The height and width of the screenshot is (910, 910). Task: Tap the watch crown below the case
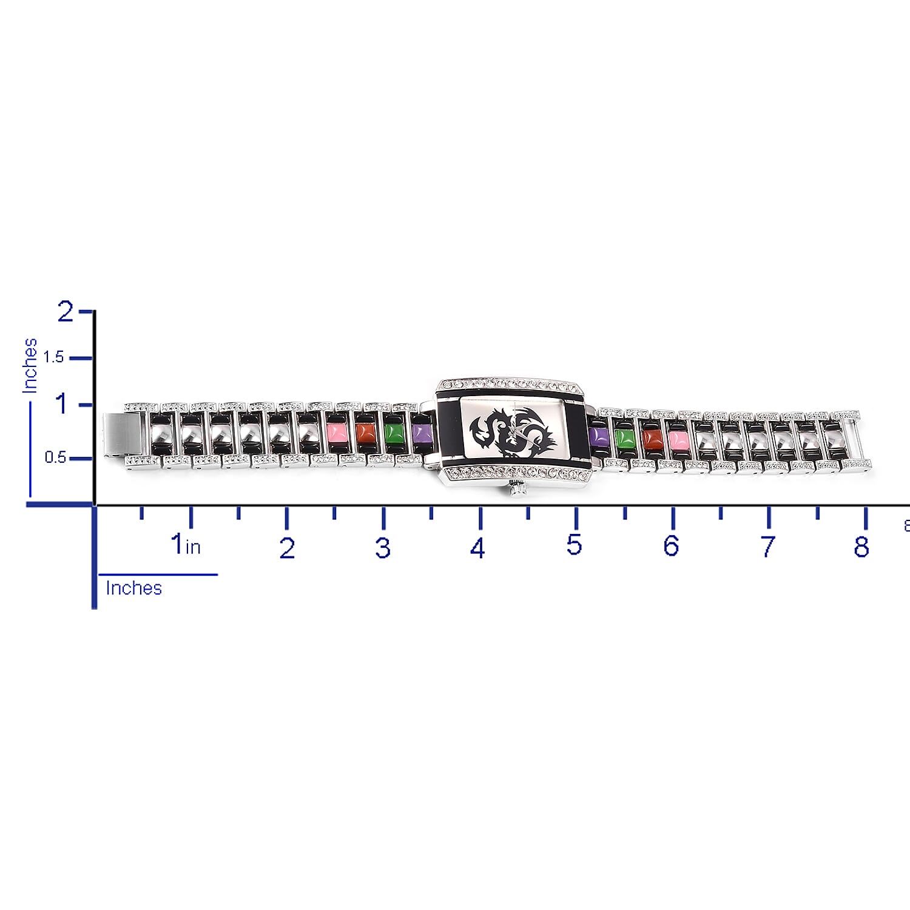point(517,488)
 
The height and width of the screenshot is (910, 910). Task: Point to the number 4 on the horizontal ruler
point(477,548)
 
